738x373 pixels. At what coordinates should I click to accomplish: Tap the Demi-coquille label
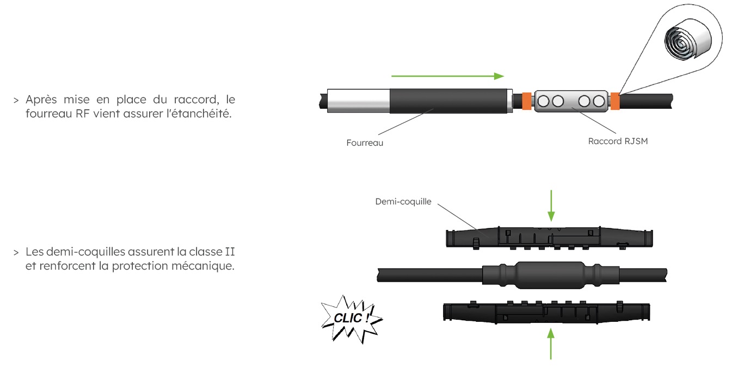[x=403, y=201]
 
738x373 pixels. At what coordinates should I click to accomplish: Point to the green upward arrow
[x=552, y=343]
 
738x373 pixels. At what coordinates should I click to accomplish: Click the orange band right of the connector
[x=615, y=102]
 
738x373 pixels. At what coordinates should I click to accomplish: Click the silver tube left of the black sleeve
[x=358, y=102]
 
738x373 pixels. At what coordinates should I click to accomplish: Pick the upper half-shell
[x=552, y=239]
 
